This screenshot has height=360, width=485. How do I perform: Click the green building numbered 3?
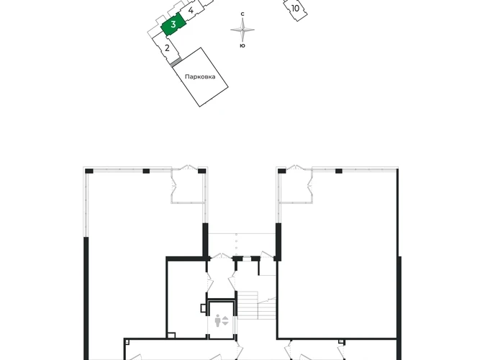point(173,24)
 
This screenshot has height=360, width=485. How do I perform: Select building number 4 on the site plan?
point(191,10)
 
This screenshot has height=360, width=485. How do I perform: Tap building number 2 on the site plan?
point(167,48)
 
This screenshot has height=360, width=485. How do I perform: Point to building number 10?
point(296,9)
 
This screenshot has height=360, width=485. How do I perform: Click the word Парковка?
point(200,77)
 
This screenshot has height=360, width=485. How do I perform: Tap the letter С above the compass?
point(242,14)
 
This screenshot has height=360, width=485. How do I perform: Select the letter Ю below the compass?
point(242,45)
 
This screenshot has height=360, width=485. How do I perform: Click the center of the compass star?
point(242,30)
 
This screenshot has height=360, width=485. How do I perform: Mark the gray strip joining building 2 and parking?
point(176,62)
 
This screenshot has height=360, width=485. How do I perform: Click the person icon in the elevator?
point(217,320)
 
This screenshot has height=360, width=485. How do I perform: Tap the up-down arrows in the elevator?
point(225,320)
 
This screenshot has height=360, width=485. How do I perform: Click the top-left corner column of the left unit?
point(89,171)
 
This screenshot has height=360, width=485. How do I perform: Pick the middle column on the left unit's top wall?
point(146,171)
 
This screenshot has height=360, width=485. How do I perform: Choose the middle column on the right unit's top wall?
point(339,171)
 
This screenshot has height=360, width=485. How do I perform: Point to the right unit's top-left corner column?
point(282,171)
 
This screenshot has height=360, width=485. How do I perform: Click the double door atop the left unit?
point(188,168)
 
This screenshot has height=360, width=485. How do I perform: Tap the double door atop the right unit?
point(296,168)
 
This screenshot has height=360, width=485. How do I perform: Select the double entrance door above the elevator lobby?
point(221,256)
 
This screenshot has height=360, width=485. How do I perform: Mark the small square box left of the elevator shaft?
point(203,308)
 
